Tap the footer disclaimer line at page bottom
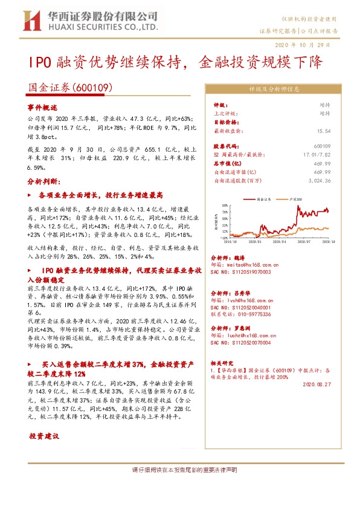(180, 470)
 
